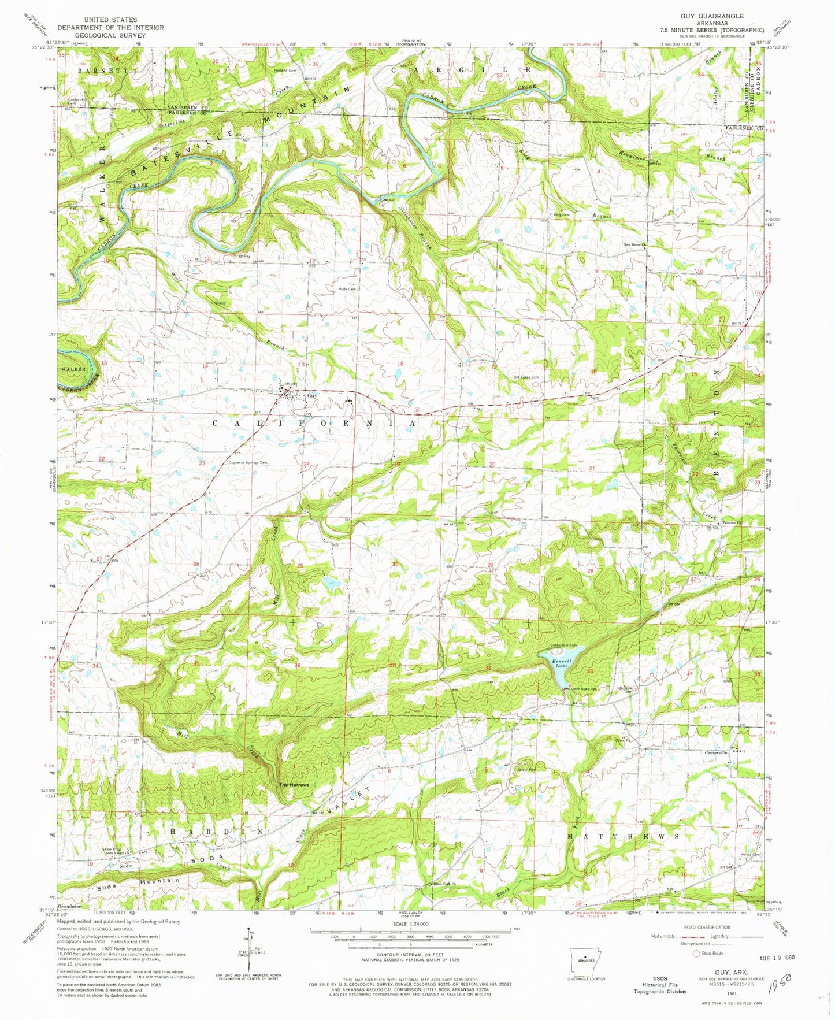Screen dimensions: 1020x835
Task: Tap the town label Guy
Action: pos(312,396)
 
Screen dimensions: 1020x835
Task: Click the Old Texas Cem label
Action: pos(526,377)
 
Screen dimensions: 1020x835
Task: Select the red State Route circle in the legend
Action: pos(696,954)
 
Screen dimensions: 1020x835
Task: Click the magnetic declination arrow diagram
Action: pos(244,948)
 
